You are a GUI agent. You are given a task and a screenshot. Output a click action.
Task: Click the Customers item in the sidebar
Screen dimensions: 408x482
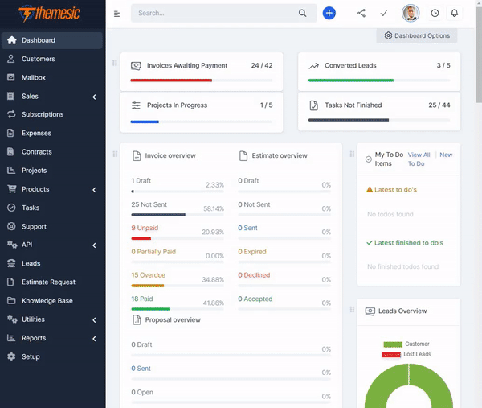click(x=38, y=59)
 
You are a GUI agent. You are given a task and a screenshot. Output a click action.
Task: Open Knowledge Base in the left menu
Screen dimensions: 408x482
click(x=47, y=301)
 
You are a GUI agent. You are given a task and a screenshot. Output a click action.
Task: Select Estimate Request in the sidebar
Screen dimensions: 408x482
click(x=48, y=282)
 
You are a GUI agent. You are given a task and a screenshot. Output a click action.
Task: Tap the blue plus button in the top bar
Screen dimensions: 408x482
click(x=329, y=13)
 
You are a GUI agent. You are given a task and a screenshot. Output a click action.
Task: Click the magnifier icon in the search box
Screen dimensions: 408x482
click(x=303, y=13)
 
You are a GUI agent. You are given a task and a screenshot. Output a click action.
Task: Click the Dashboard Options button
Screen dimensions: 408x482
click(x=417, y=35)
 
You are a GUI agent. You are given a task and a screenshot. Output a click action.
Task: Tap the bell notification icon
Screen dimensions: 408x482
click(x=455, y=13)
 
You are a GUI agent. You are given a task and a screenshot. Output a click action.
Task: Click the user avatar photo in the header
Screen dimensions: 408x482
click(x=411, y=13)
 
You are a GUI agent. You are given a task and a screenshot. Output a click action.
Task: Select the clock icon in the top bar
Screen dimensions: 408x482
click(x=435, y=13)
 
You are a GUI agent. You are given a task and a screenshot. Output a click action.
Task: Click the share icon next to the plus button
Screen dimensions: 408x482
click(x=361, y=13)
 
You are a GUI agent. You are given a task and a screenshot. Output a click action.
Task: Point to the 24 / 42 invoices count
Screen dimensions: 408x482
click(x=261, y=65)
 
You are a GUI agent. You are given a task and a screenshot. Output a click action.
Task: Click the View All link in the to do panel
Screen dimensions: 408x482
click(x=419, y=155)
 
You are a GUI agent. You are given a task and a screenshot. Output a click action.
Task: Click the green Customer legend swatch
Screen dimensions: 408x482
click(x=393, y=344)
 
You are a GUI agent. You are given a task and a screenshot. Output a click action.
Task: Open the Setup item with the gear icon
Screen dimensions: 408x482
click(x=31, y=356)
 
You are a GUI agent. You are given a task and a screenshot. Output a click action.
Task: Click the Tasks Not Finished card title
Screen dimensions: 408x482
click(x=353, y=105)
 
